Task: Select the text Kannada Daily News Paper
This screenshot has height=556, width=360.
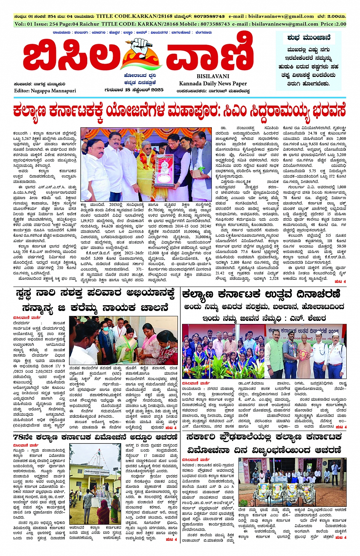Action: tap(213, 83)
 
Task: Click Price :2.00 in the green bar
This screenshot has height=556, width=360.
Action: tap(333, 24)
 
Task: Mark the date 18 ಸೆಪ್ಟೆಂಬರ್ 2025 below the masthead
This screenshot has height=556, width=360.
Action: tap(144, 90)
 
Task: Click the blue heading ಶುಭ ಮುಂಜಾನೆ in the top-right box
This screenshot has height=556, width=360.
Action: tap(309, 38)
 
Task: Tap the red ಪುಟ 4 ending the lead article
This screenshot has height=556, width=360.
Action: tap(340, 282)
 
